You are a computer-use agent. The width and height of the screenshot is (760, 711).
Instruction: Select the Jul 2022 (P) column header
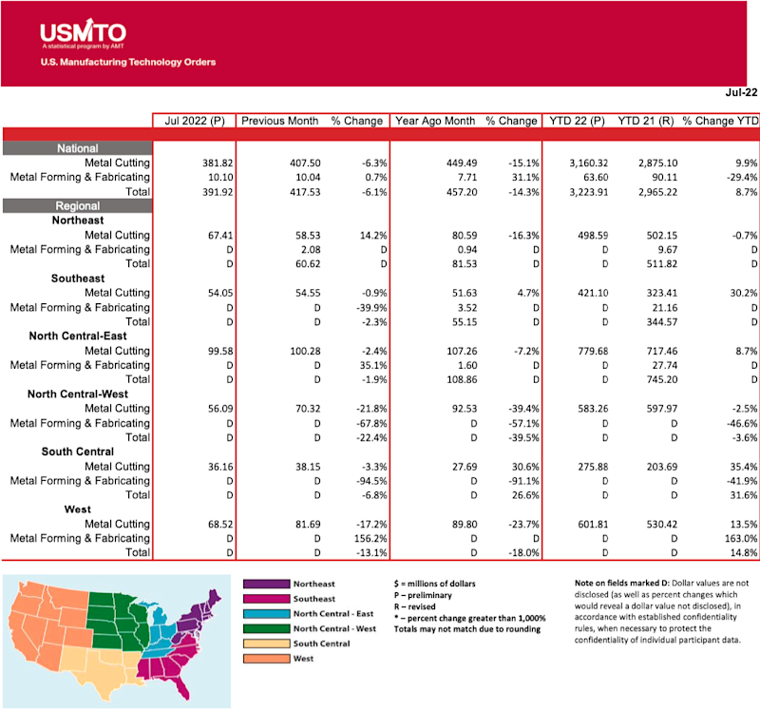tap(193, 121)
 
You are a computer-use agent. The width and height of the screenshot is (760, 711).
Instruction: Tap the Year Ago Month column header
tap(435, 121)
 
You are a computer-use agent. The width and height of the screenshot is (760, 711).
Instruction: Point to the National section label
tap(77, 148)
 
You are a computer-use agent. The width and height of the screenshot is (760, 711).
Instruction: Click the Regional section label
tap(77, 205)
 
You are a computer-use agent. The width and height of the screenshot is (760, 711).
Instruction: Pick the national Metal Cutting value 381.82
tap(204, 163)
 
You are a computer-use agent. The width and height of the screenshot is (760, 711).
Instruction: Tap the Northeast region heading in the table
tap(78, 220)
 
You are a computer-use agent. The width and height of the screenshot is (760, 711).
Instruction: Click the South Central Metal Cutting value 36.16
tap(206, 466)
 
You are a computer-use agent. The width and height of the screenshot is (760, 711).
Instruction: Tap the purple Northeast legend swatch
tap(266, 584)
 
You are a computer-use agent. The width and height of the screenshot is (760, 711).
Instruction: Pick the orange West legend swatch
tap(266, 659)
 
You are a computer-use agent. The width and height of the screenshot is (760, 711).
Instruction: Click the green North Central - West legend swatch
tap(266, 628)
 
